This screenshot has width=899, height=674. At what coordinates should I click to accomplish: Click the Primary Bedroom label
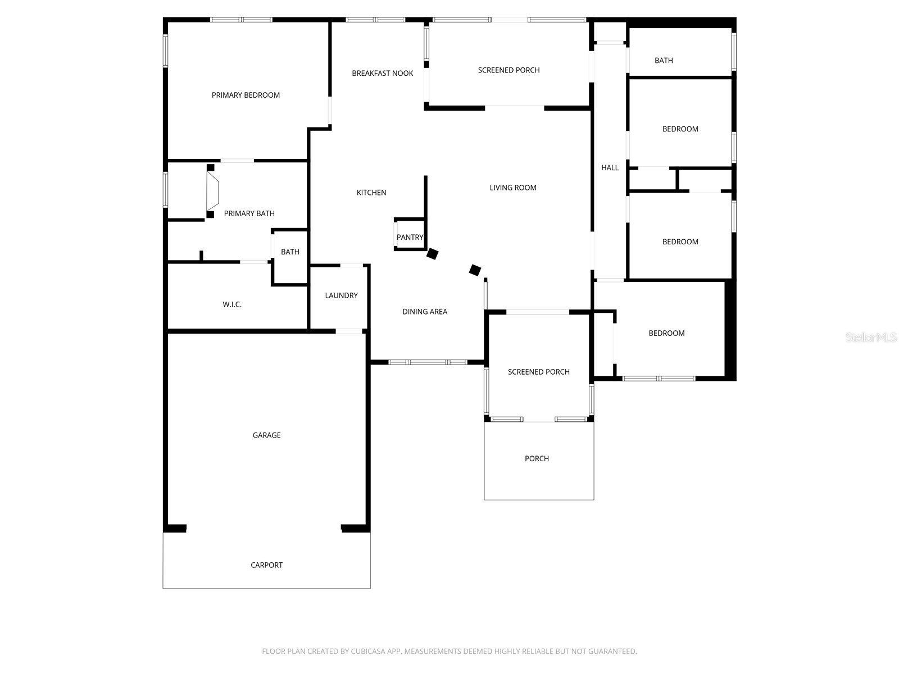coord(246,95)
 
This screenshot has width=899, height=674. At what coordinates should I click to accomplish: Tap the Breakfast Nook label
coord(382,73)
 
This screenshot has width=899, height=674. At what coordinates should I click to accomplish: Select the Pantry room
coord(410,237)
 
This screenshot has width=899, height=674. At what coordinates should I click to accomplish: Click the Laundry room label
coord(341,295)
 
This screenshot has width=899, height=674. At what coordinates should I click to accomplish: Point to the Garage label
coord(266,435)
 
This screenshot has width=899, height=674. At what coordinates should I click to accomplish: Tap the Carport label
coord(266,565)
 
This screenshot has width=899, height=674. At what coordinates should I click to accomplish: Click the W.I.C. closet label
coord(232,304)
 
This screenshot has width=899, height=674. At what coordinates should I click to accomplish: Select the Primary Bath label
coord(249,213)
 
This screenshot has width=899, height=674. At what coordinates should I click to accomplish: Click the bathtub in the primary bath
coord(212,191)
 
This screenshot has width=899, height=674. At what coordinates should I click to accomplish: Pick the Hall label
coord(610,167)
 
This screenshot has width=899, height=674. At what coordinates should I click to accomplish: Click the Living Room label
coord(512,188)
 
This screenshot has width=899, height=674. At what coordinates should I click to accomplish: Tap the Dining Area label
coord(425,312)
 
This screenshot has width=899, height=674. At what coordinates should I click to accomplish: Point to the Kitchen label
coord(371,193)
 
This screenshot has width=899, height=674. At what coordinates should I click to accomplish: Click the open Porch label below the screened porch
coord(537,459)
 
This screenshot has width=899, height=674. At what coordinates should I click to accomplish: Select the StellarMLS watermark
coord(871,338)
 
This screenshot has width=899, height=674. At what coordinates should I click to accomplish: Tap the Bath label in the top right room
coord(664,60)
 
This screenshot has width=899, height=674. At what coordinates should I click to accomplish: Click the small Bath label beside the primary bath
coord(290,252)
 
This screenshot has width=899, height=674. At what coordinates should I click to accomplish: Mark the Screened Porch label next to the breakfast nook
coord(508,70)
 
